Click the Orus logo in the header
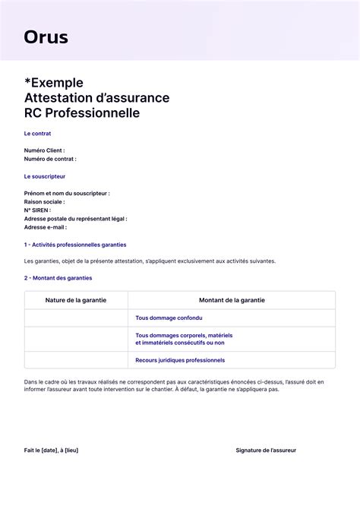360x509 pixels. pos(46,36)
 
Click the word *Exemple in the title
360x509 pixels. pos(54,82)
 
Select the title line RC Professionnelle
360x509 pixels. pos(82,113)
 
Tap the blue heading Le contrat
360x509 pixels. pos(38,134)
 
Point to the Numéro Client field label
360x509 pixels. pos(44,150)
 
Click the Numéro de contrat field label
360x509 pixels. pos(50,159)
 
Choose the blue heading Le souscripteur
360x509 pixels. pos(44,176)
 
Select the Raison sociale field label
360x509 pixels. pos(44,202)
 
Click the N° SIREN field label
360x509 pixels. pos(37,210)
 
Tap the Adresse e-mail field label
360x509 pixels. pos(46,227)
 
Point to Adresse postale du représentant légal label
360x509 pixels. pos(75,219)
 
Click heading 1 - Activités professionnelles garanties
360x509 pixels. pos(75,245)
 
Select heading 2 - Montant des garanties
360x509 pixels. pos(58,278)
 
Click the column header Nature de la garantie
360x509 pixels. pos(76,300)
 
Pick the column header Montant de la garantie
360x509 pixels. pos(232,300)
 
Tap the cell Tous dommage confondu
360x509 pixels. pos(169,318)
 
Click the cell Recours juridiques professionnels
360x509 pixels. pos(180,360)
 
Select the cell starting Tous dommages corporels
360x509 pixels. pos(184,339)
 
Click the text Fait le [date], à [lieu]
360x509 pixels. pos(51,451)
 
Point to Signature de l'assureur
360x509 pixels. pos(266,451)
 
